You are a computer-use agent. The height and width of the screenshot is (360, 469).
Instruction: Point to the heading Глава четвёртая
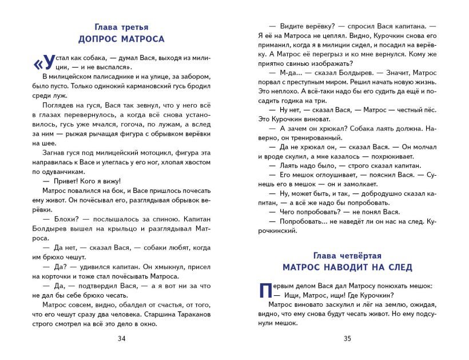[x=347, y=255]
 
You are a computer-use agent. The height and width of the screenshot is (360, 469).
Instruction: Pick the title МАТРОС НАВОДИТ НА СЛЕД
[x=347, y=267]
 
